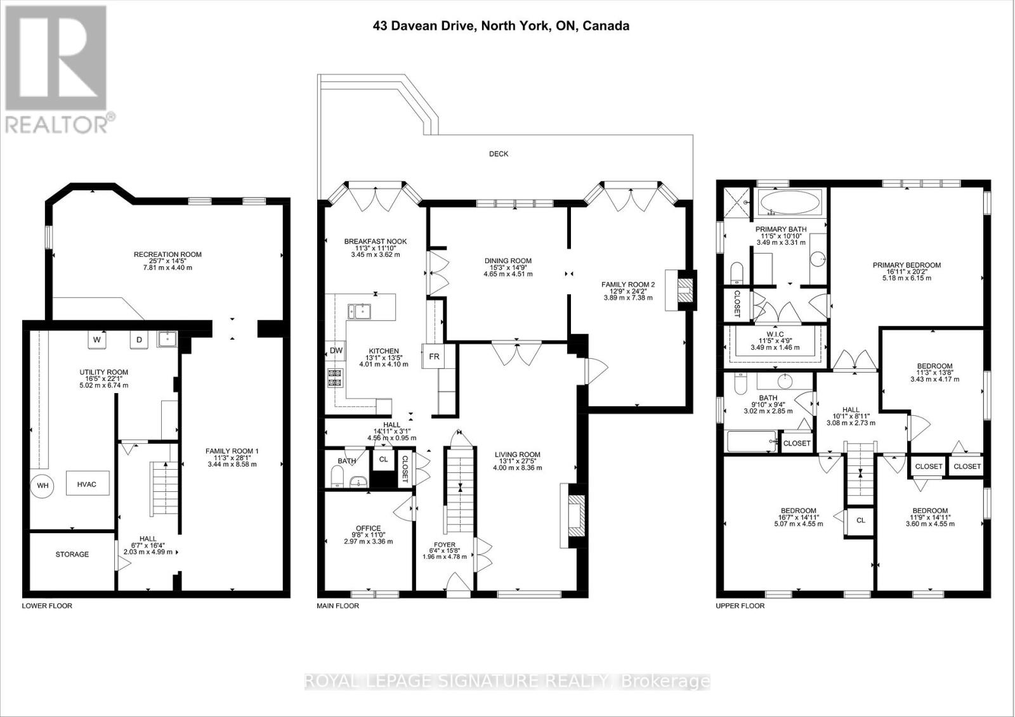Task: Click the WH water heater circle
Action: pyautogui.click(x=43, y=486)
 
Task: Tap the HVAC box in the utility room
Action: pyautogui.click(x=87, y=484)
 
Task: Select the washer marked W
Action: pyautogui.click(x=97, y=340)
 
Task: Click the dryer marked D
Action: pyautogui.click(x=140, y=340)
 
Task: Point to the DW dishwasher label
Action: pyautogui.click(x=336, y=351)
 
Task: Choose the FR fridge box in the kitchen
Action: pyautogui.click(x=434, y=356)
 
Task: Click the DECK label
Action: pyautogui.click(x=499, y=153)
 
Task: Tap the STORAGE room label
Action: pyautogui.click(x=72, y=554)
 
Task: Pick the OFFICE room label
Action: pyautogui.click(x=368, y=528)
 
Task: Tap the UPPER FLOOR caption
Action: pyautogui.click(x=740, y=605)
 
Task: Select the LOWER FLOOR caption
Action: pyautogui.click(x=47, y=605)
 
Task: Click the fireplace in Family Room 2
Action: pyautogui.click(x=684, y=290)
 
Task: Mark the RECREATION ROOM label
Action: pyautogui.click(x=167, y=254)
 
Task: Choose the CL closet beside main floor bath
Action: pyautogui.click(x=383, y=459)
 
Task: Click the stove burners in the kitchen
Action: pyautogui.click(x=334, y=378)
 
